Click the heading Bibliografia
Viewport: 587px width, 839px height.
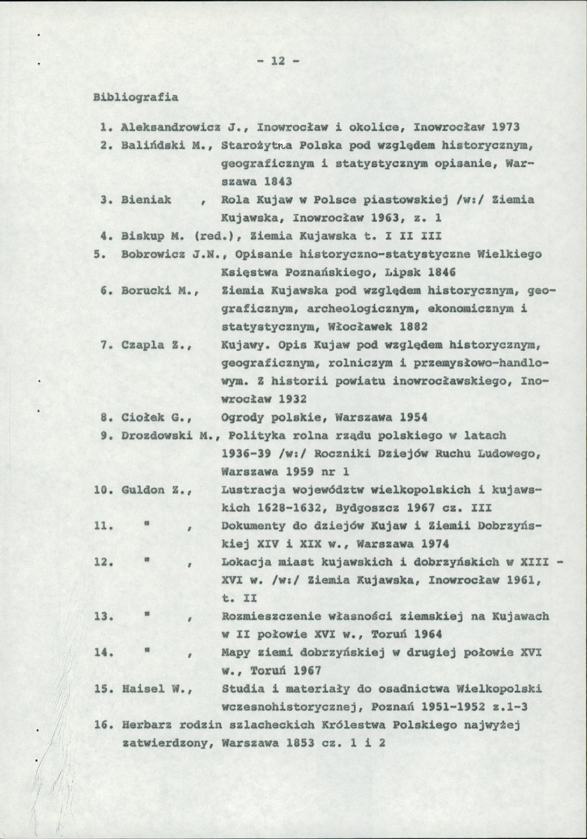pyautogui.click(x=135, y=97)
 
